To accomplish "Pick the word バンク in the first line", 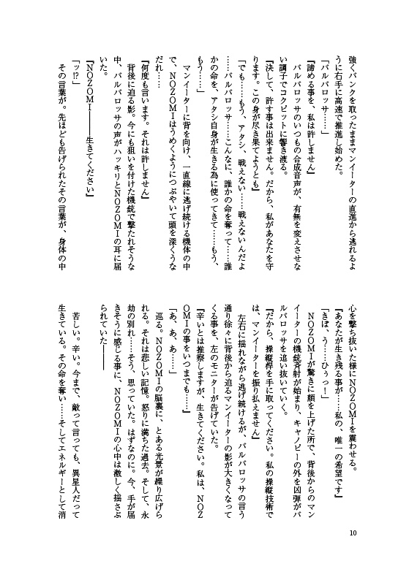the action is click(339, 63).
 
